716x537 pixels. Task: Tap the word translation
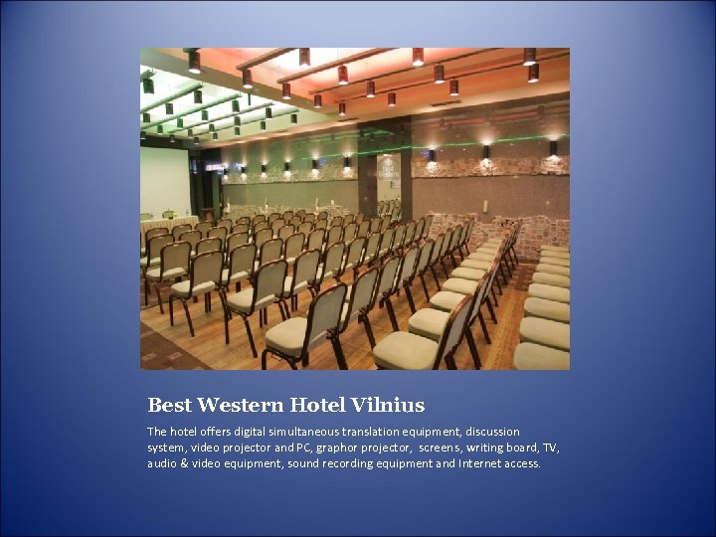(385, 432)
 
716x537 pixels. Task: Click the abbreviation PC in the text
(301, 447)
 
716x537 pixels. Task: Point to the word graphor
(338, 447)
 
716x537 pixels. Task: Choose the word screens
(440, 447)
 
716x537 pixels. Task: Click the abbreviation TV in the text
(549, 447)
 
